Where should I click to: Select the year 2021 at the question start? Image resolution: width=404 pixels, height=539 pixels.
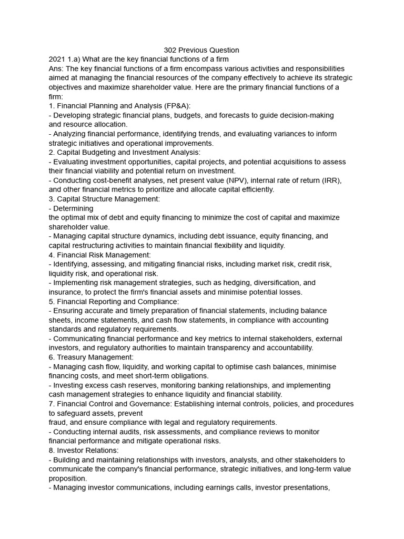57,59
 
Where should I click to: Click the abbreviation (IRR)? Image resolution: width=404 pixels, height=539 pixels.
330,181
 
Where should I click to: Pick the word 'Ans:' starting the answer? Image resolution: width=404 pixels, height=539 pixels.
56,69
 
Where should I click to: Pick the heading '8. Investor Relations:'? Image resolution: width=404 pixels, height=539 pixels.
84,451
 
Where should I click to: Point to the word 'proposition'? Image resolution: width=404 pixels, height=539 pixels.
67,478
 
